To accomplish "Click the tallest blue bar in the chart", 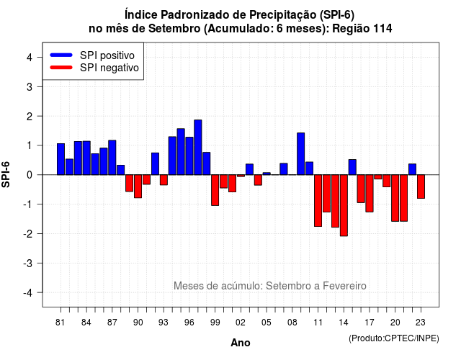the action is click(198, 147).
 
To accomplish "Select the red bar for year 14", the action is click(344, 205).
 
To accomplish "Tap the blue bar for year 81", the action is click(61, 159).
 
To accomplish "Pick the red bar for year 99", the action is click(215, 190).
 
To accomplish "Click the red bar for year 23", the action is click(421, 186).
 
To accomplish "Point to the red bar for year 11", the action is click(318, 200).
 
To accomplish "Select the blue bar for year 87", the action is click(112, 158).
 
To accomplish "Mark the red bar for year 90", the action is click(138, 186).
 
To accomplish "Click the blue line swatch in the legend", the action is click(61, 55).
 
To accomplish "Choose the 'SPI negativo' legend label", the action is click(109, 68).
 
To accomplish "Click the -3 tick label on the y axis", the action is click(28, 264).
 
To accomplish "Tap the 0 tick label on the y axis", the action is click(29, 175).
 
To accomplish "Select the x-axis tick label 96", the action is click(189, 323).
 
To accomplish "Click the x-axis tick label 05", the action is click(267, 323).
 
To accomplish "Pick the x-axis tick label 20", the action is click(395, 323).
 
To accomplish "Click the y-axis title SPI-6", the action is click(6, 174).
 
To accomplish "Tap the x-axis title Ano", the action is click(241, 343).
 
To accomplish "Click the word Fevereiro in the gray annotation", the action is click(344, 286).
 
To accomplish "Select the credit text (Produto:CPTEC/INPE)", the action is click(394, 338).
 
